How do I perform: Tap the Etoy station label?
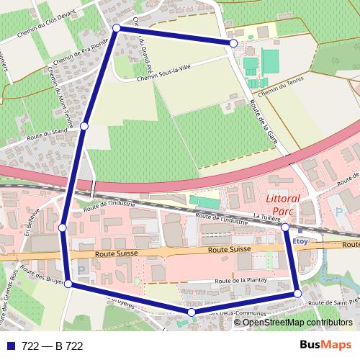click(300, 241)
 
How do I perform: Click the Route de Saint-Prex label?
click(332, 305)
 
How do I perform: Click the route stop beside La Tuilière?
click(285, 228)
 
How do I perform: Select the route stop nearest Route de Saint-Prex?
click(297, 294)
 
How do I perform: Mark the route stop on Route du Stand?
click(84, 126)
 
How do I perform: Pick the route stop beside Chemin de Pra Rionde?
click(117, 28)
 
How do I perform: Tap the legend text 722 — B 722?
click(53, 346)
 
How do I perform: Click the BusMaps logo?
click(325, 346)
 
